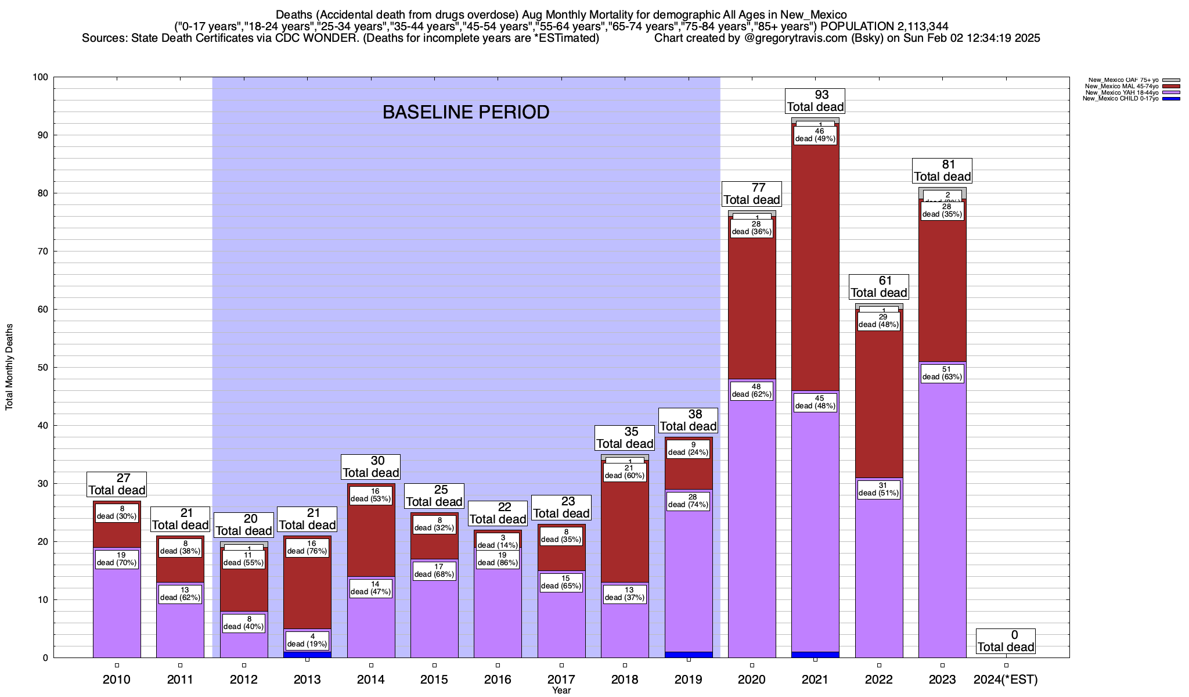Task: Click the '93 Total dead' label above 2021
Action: (x=815, y=101)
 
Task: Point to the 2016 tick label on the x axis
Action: (x=498, y=680)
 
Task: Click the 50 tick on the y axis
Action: (x=44, y=368)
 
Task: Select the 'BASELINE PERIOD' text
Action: (x=466, y=112)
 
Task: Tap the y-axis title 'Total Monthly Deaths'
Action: (x=9, y=367)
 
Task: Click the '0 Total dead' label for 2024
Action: (x=1006, y=641)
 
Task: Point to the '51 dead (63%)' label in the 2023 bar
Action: (x=942, y=373)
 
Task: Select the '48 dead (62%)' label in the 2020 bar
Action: (x=752, y=390)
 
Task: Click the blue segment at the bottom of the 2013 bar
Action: (x=307, y=655)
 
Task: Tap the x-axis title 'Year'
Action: (x=561, y=691)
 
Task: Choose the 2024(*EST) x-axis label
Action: (x=1006, y=680)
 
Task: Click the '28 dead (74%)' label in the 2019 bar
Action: (x=688, y=501)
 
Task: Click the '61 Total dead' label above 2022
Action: (x=879, y=287)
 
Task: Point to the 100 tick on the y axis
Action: (x=41, y=77)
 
